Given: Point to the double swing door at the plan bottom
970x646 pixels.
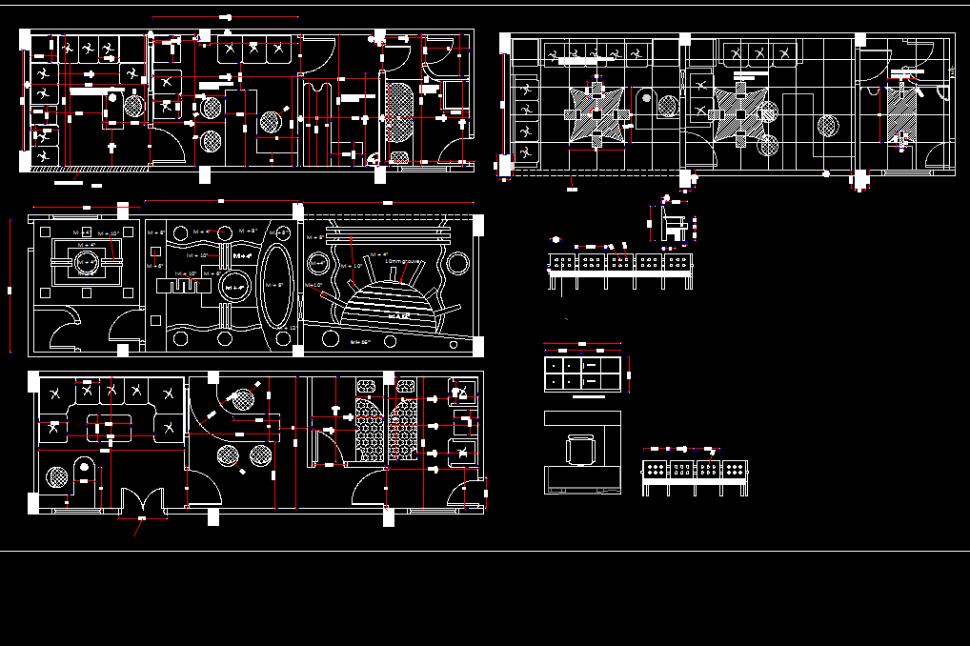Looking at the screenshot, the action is (x=142, y=499).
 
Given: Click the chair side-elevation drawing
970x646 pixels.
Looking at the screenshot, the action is (x=675, y=225).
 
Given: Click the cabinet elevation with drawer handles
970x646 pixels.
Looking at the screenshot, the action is (x=582, y=371).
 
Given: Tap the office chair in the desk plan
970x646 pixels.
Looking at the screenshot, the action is (x=580, y=449).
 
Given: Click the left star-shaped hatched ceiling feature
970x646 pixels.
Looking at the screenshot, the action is (x=596, y=113).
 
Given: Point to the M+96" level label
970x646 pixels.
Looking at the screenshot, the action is (x=360, y=340).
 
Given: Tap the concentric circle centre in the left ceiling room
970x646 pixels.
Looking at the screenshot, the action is (x=85, y=260).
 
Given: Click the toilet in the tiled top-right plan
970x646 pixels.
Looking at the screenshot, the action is (x=667, y=103).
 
